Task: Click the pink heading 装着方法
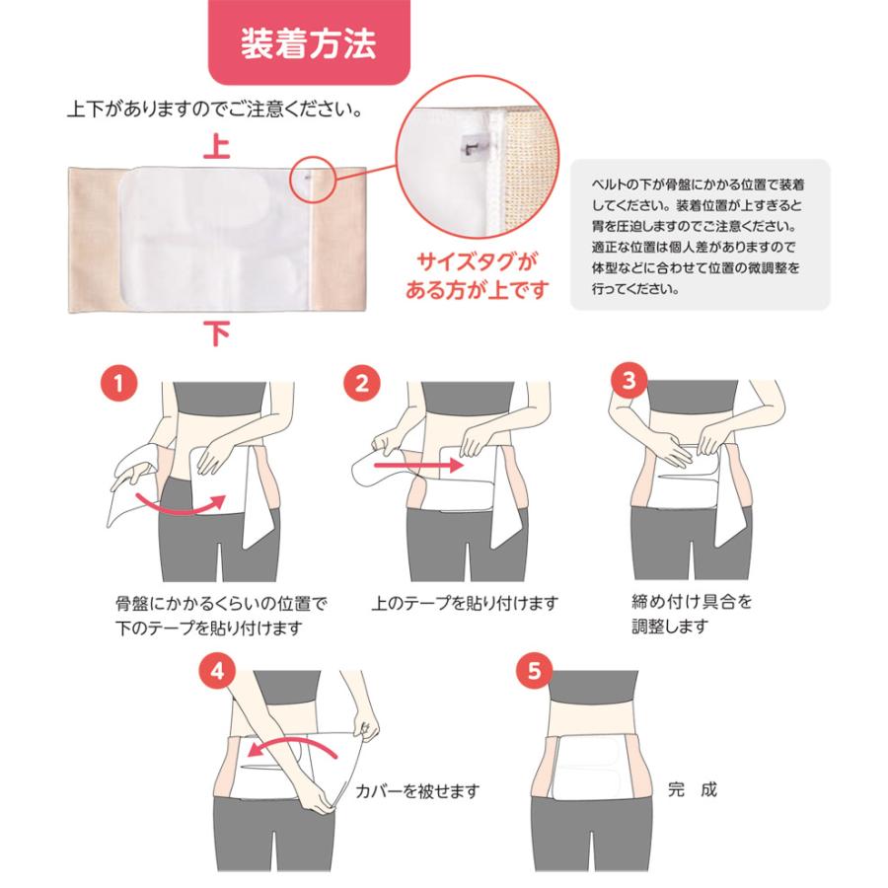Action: (x=309, y=43)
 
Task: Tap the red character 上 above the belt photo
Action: (x=217, y=146)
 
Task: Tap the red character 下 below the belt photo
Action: (x=217, y=333)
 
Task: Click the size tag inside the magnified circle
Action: (x=470, y=148)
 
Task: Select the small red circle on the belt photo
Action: (x=312, y=179)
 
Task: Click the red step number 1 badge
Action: (x=119, y=384)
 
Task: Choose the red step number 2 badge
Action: (x=362, y=384)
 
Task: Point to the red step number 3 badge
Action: (x=629, y=380)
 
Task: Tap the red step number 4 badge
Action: (x=217, y=672)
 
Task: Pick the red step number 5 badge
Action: (x=535, y=672)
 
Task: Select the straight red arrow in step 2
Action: (x=418, y=466)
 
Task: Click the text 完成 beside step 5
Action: (x=692, y=789)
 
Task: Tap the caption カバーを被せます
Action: (x=417, y=790)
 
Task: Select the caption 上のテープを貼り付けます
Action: (x=465, y=603)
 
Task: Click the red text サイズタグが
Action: (x=477, y=262)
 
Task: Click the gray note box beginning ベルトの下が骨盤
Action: (x=700, y=235)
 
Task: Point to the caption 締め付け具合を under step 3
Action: (x=692, y=602)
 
